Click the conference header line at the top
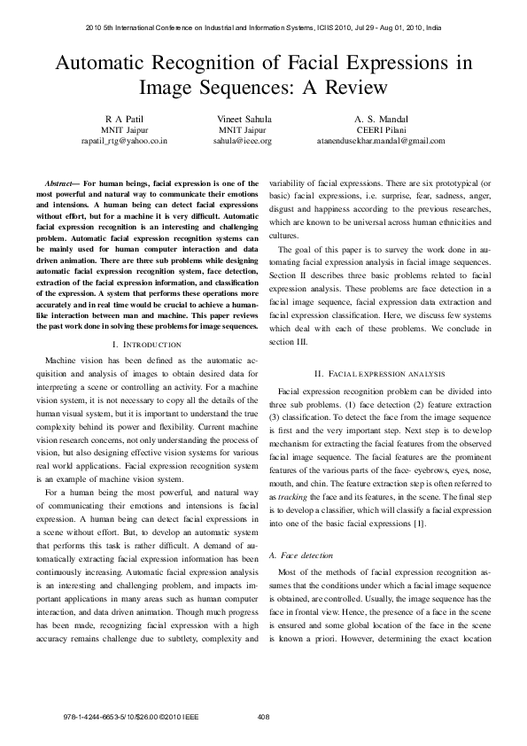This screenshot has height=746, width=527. pos(263,27)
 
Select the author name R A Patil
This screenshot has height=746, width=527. pos(124,118)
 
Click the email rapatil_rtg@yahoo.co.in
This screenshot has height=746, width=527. pos(124,140)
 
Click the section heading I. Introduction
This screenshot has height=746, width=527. pos(147,344)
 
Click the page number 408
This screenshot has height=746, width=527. pos(263,717)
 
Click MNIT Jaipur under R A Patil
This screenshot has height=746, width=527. pos(124,129)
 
